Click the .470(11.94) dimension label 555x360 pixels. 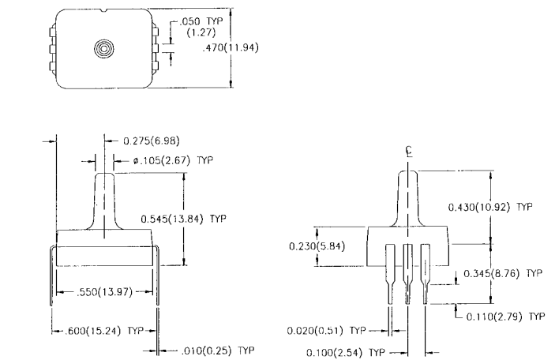click(231, 47)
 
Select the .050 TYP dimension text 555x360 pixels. click(201, 21)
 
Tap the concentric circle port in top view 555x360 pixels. click(104, 48)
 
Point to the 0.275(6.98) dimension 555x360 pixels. click(151, 141)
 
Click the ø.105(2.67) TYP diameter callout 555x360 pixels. click(173, 160)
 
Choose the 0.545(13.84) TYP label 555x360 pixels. click(183, 219)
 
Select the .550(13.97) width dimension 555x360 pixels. click(104, 292)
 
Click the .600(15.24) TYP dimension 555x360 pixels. click(104, 331)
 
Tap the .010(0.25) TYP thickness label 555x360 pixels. click(218, 351)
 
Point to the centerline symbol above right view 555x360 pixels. click(409, 151)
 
